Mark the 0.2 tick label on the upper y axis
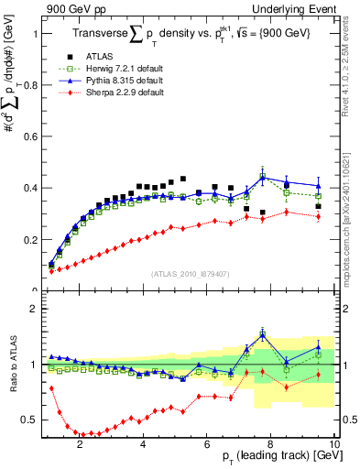tap(27, 240)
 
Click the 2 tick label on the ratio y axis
tap(30, 309)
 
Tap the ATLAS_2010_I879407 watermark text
tap(190, 273)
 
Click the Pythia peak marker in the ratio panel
tap(263, 334)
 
